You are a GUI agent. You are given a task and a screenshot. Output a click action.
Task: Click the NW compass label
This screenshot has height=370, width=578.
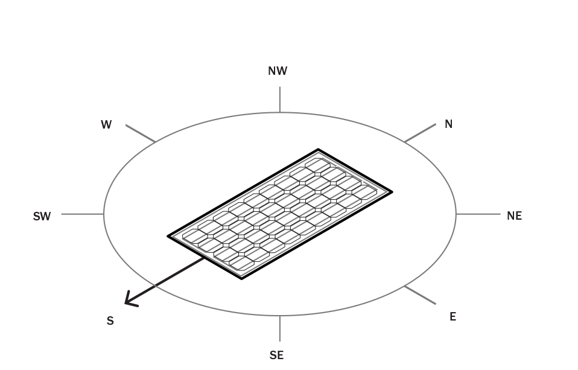pyautogui.click(x=278, y=71)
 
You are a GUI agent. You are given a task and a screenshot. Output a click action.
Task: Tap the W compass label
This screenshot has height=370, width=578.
pyautogui.click(x=106, y=125)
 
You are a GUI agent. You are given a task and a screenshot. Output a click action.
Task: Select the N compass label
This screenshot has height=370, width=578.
pyautogui.click(x=449, y=124)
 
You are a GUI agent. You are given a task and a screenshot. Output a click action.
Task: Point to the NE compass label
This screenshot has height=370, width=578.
pyautogui.click(x=514, y=216)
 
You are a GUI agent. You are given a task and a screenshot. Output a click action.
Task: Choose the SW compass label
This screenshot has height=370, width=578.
pyautogui.click(x=42, y=217)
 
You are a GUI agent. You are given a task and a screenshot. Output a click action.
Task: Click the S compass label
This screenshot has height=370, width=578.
pyautogui.click(x=110, y=321)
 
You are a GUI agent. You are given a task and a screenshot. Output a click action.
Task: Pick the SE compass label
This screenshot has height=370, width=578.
pyautogui.click(x=276, y=356)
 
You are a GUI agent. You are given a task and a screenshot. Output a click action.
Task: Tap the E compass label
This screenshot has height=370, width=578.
pyautogui.click(x=453, y=316)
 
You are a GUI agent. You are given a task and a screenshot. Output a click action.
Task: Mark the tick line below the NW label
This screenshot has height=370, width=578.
pyautogui.click(x=280, y=100)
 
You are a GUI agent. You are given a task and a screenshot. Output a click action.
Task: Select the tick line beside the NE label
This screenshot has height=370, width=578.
pyautogui.click(x=478, y=214)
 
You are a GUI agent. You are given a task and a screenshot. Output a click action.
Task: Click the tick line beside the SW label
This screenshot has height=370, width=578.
pyautogui.click(x=83, y=214)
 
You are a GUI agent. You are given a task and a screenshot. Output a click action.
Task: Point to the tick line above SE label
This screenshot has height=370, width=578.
pyautogui.click(x=280, y=328)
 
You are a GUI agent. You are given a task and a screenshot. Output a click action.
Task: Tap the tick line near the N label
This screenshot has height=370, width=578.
pyautogui.click(x=421, y=133)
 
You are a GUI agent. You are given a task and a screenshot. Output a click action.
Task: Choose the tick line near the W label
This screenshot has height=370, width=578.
pyautogui.click(x=141, y=133)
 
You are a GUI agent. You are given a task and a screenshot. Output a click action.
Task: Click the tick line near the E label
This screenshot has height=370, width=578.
pyautogui.click(x=421, y=295)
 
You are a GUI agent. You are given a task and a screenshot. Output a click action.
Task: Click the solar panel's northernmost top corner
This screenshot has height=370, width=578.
pyautogui.click(x=318, y=150)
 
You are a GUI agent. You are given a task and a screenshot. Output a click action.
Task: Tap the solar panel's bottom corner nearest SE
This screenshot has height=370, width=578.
pyautogui.click(x=241, y=279)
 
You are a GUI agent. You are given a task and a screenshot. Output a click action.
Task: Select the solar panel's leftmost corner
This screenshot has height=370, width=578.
pyautogui.click(x=168, y=236)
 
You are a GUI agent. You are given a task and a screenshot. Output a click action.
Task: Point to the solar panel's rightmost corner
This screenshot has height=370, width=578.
pyautogui.click(x=392, y=192)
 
